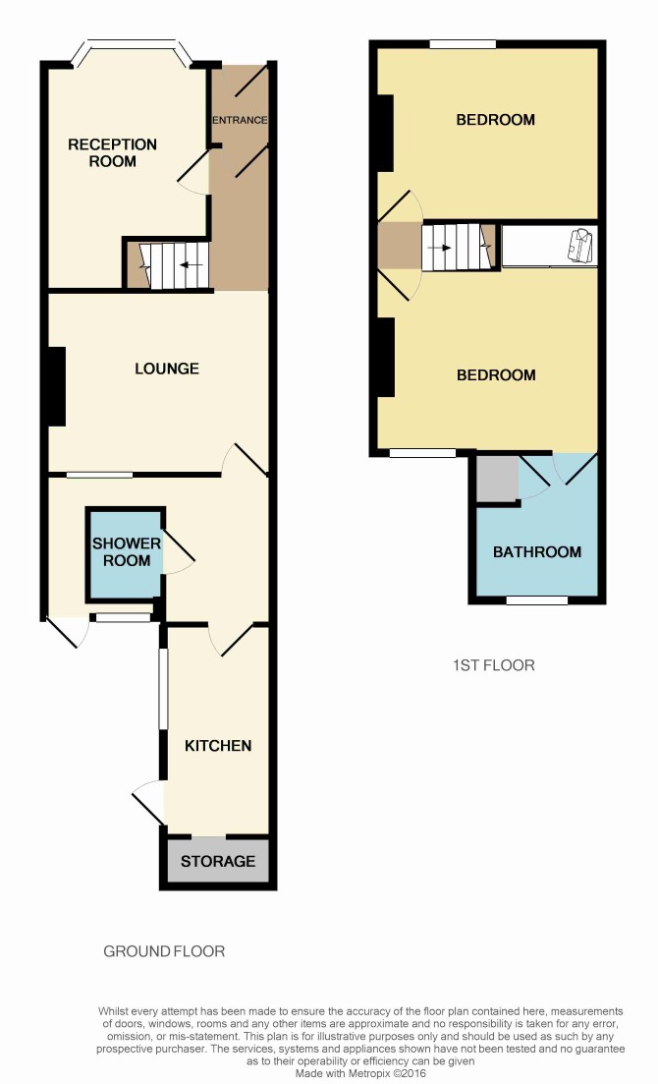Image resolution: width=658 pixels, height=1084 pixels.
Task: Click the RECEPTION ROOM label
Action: click(112, 152)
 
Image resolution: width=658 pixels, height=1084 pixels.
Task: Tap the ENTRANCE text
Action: click(240, 120)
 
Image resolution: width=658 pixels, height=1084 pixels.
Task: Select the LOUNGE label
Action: click(167, 369)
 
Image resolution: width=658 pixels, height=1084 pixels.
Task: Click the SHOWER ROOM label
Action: click(127, 551)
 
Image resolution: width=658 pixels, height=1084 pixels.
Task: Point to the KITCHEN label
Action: click(218, 745)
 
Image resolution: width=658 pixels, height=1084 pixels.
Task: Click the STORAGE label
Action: click(218, 861)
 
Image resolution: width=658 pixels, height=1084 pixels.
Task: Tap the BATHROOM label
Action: click(536, 551)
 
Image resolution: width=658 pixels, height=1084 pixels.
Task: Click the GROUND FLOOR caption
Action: click(164, 951)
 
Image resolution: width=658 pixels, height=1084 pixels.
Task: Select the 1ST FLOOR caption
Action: click(493, 665)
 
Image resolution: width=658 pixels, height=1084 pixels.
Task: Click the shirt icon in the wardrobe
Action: click(580, 246)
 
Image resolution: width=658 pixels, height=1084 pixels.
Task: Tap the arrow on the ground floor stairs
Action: click(192, 264)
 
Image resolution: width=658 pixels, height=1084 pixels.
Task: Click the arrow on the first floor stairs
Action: click(440, 248)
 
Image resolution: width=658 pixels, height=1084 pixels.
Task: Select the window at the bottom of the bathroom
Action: click(537, 600)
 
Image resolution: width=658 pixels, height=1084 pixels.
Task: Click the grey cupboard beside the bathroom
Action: click(497, 478)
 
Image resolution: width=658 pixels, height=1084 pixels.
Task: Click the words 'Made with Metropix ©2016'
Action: click(360, 1073)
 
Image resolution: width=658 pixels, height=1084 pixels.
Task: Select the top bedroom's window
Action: click(464, 44)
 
